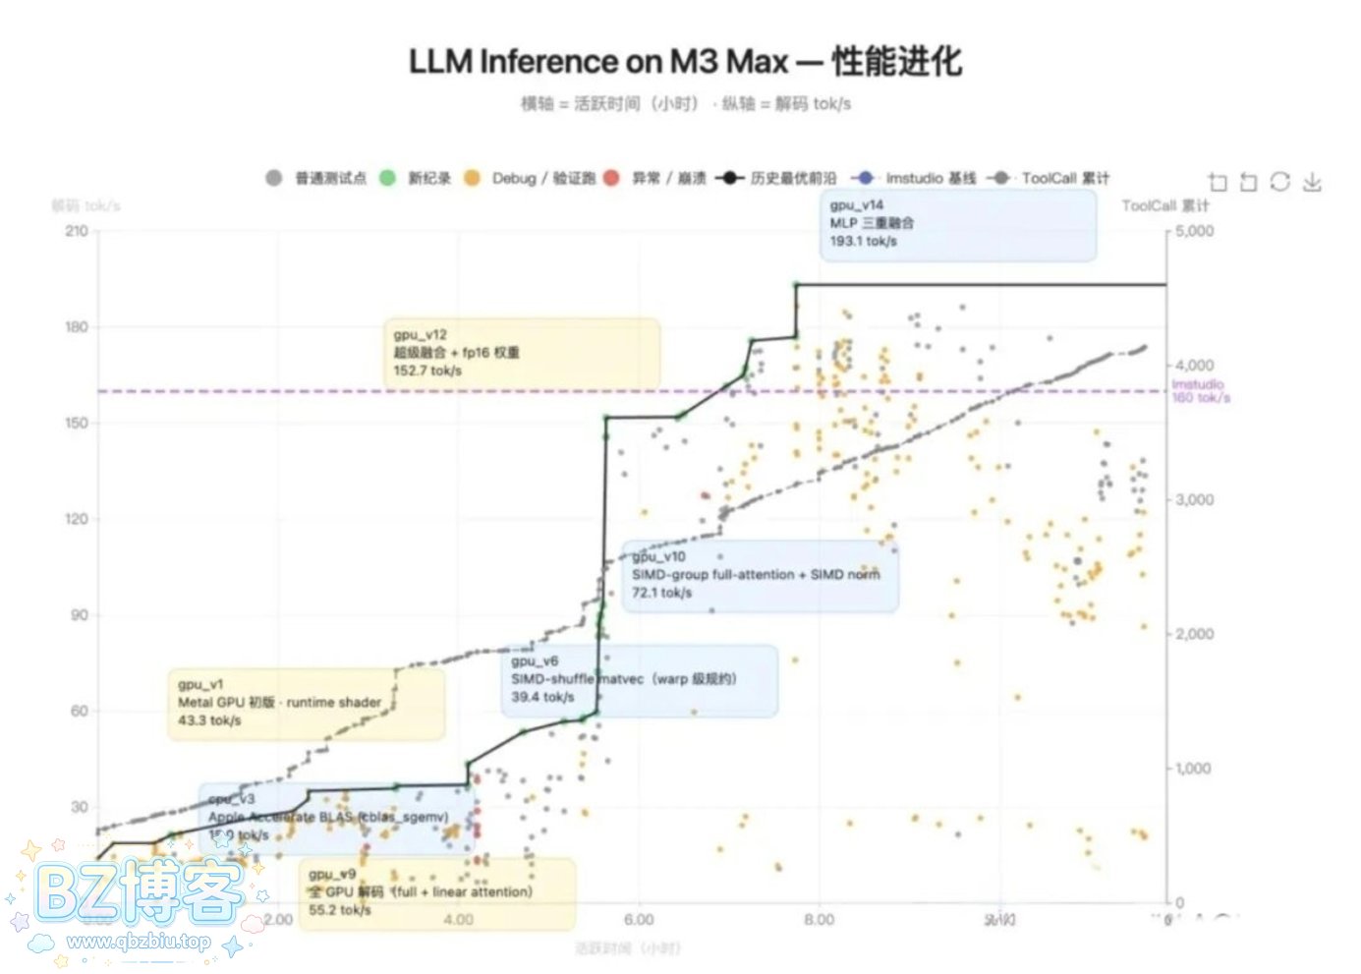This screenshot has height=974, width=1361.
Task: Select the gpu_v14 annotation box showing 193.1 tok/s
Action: point(957,224)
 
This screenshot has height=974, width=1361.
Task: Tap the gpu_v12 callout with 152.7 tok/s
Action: point(521,353)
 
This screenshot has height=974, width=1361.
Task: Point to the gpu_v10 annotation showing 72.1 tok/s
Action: point(759,575)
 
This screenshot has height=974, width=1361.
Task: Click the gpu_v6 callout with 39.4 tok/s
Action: point(639,680)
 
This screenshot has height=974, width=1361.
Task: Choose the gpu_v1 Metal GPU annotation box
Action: point(305,703)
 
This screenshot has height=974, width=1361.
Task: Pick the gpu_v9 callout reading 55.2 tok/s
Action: point(437,892)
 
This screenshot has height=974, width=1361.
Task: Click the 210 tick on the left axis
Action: point(77,231)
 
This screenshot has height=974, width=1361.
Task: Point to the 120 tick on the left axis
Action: point(77,519)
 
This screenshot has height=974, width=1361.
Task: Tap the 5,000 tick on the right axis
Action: point(1194,232)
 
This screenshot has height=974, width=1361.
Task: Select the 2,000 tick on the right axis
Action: point(1194,634)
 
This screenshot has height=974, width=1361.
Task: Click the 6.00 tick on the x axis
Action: point(639,920)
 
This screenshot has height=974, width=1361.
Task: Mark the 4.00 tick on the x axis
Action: point(458,920)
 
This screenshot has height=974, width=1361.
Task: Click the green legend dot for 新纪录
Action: point(388,178)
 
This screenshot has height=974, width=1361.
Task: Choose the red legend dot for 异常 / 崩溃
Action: point(611,178)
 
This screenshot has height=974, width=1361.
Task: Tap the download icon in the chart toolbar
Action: point(1312,182)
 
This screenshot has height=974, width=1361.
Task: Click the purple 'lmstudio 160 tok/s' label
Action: point(1200,391)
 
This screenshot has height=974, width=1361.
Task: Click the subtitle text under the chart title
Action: point(685,104)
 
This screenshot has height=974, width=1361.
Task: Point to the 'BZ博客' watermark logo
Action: point(138,894)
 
